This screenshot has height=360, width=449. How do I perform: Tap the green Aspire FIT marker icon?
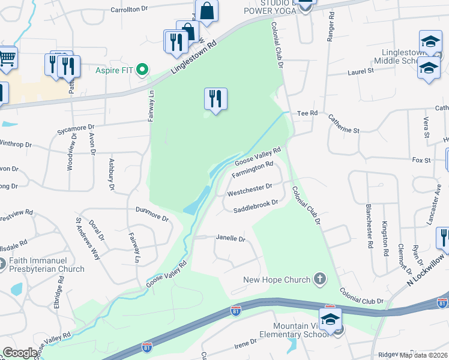(x=142, y=70)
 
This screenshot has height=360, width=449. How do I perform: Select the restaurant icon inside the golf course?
(x=215, y=98)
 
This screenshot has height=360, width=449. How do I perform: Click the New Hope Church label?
(x=276, y=280)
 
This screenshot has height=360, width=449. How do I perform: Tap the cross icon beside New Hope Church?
(x=320, y=279)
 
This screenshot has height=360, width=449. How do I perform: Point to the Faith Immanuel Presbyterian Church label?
(x=46, y=265)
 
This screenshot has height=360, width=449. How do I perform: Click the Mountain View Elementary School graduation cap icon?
(x=330, y=319)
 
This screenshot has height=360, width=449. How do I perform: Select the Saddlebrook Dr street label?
(x=256, y=206)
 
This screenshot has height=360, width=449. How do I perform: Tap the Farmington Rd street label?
(x=253, y=169)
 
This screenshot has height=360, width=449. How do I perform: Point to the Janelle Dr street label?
(x=230, y=239)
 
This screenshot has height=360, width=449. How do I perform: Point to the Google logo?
(x=20, y=353)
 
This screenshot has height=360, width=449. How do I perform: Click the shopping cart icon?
(x=7, y=58)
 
